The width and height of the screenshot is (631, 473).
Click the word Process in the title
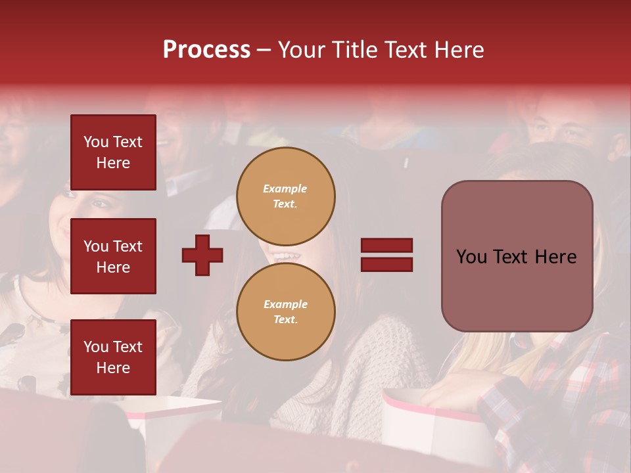(x=206, y=50)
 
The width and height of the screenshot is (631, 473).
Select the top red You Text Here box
(x=113, y=152)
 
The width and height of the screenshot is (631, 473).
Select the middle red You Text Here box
(x=113, y=256)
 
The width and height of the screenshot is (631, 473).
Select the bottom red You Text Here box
(x=113, y=357)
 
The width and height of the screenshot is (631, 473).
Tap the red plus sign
(x=202, y=255)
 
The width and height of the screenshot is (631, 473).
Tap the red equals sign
(x=386, y=255)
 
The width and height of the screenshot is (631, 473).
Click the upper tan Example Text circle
(x=286, y=196)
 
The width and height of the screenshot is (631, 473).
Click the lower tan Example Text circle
(x=286, y=312)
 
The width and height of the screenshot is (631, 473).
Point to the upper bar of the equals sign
(x=386, y=246)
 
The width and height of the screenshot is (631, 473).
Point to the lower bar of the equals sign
(x=386, y=264)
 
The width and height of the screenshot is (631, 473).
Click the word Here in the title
(x=459, y=50)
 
